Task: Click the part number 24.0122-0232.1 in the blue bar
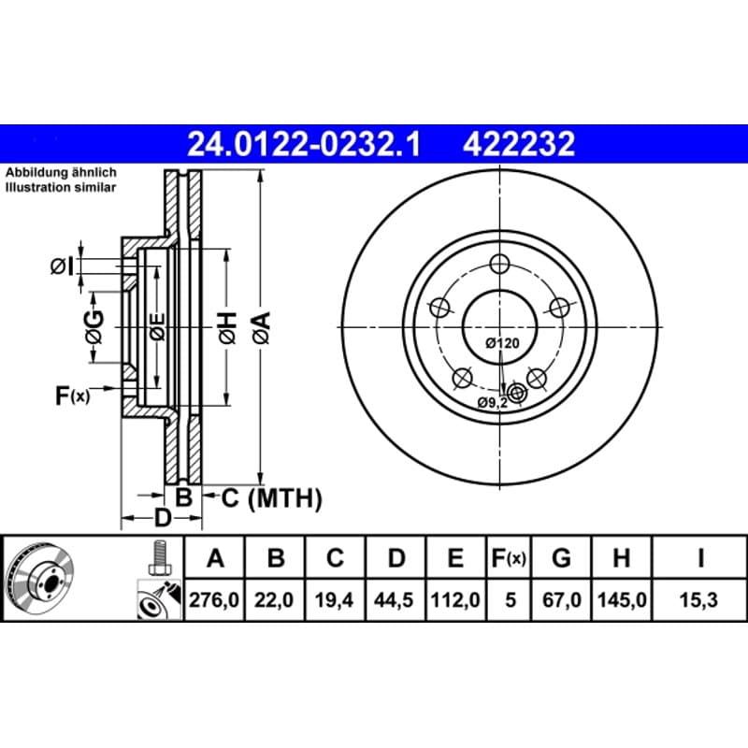[304, 144]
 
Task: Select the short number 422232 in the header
[519, 144]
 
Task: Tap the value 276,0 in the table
[214, 599]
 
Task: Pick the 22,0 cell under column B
[274, 599]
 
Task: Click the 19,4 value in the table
[334, 599]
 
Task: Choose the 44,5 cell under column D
[394, 599]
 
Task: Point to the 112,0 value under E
[455, 599]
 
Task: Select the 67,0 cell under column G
[562, 599]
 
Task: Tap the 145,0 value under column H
[622, 599]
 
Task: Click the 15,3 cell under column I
[698, 599]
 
